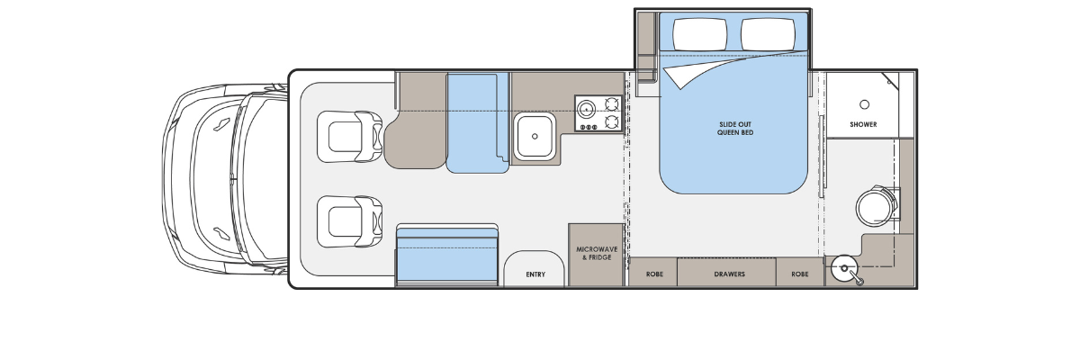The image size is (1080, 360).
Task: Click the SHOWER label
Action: pyautogui.click(x=863, y=124)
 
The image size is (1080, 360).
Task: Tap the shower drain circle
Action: pyautogui.click(x=865, y=104)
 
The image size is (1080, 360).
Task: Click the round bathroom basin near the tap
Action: pyautogui.click(x=845, y=268)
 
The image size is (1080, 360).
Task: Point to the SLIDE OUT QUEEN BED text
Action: pyautogui.click(x=734, y=128)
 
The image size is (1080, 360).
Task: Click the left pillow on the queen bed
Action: pyautogui.click(x=699, y=34)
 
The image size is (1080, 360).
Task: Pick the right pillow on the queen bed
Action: pyautogui.click(x=768, y=34)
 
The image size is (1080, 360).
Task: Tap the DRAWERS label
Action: pyautogui.click(x=729, y=274)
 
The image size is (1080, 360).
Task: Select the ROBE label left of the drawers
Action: pyautogui.click(x=654, y=274)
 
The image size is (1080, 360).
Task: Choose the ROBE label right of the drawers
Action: pyautogui.click(x=799, y=274)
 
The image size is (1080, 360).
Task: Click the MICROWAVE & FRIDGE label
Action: pyautogui.click(x=597, y=254)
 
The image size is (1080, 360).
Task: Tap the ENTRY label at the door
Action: pyautogui.click(x=535, y=274)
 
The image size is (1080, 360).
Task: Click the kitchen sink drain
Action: pyautogui.click(x=535, y=137)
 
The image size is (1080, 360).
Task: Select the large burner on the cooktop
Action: pyautogui.click(x=586, y=109)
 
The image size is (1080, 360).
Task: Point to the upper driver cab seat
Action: pyautogui.click(x=349, y=137)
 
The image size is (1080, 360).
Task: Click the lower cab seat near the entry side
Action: pyautogui.click(x=349, y=221)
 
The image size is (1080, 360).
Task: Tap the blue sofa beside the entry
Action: pyautogui.click(x=447, y=255)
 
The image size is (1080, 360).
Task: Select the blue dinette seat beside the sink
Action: pyautogui.click(x=477, y=123)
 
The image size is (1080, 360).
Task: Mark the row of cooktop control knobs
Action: pyautogui.click(x=589, y=127)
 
